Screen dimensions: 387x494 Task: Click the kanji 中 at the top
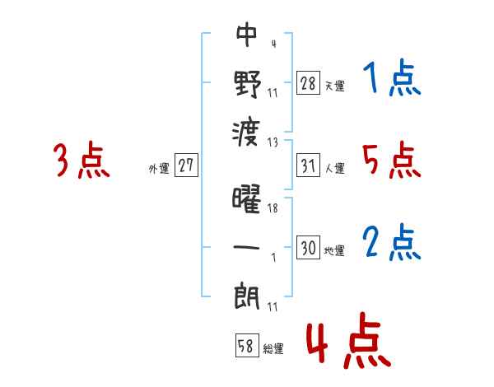(247, 35)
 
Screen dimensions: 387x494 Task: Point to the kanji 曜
(247, 200)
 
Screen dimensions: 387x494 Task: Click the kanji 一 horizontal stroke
(247, 247)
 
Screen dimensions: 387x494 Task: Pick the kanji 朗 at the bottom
(247, 295)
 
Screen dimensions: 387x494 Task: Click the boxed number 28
(308, 82)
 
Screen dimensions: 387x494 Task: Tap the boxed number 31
(308, 166)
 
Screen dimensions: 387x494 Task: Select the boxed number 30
(308, 247)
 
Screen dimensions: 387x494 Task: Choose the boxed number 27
(186, 166)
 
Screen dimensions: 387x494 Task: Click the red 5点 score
(392, 160)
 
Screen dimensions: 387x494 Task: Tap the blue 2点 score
(392, 244)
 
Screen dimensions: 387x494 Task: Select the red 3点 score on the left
(82, 160)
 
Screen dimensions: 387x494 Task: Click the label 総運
(273, 349)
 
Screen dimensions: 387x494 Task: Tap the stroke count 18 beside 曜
(273, 209)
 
